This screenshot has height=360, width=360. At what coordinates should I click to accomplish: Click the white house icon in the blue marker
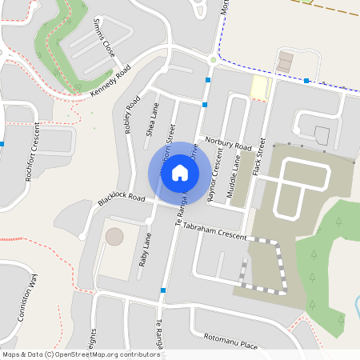pos(180,173)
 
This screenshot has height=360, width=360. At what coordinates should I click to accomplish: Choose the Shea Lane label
pos(150,120)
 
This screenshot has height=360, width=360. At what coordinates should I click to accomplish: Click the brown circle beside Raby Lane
pos(115,237)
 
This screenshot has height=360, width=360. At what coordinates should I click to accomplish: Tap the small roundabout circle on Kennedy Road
pos(214,60)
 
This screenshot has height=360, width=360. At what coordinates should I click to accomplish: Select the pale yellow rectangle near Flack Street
pos(260,88)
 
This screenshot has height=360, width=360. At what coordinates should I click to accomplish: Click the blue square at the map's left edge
pos(2,144)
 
